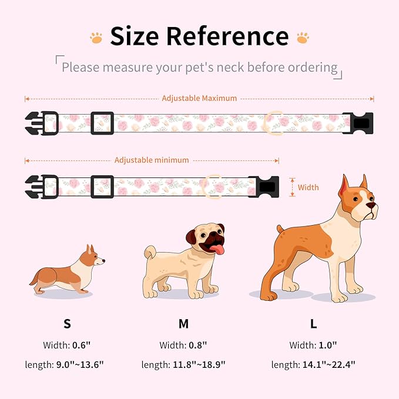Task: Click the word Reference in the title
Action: pos(227,36)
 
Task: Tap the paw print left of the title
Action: pos(96,38)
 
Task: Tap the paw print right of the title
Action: pos(303,38)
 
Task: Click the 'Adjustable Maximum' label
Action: pos(199,98)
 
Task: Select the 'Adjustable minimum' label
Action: pos(152,160)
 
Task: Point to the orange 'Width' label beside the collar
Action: pos(308,187)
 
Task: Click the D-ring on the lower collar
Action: pos(212,186)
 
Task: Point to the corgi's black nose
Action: pos(104,259)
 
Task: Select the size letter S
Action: pos(67,324)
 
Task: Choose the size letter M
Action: pos(183,324)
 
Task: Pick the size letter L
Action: pos(313,324)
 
